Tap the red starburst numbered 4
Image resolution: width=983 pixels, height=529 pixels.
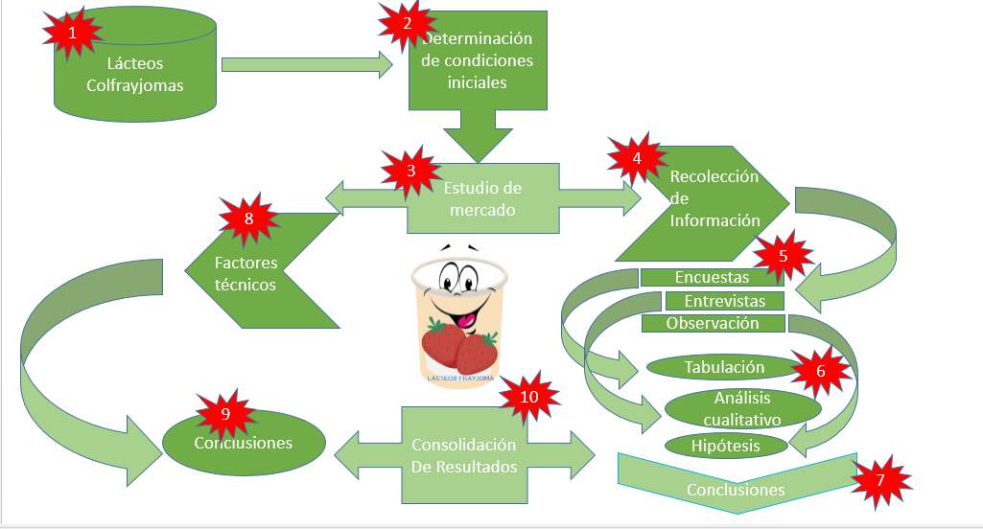coord(635,159)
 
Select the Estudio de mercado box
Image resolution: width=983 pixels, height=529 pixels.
coord(483,197)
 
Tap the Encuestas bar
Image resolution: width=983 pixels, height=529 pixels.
coord(711,278)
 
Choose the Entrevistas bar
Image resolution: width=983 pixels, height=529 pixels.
coord(724,301)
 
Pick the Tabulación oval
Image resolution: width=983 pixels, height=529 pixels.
coord(723,367)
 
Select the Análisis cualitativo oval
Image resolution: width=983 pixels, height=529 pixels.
coord(742,408)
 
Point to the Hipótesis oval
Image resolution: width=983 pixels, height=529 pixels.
coord(725,446)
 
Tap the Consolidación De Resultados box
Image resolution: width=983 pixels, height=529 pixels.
coord(463,456)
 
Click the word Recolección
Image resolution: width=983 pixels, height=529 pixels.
coord(714,176)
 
